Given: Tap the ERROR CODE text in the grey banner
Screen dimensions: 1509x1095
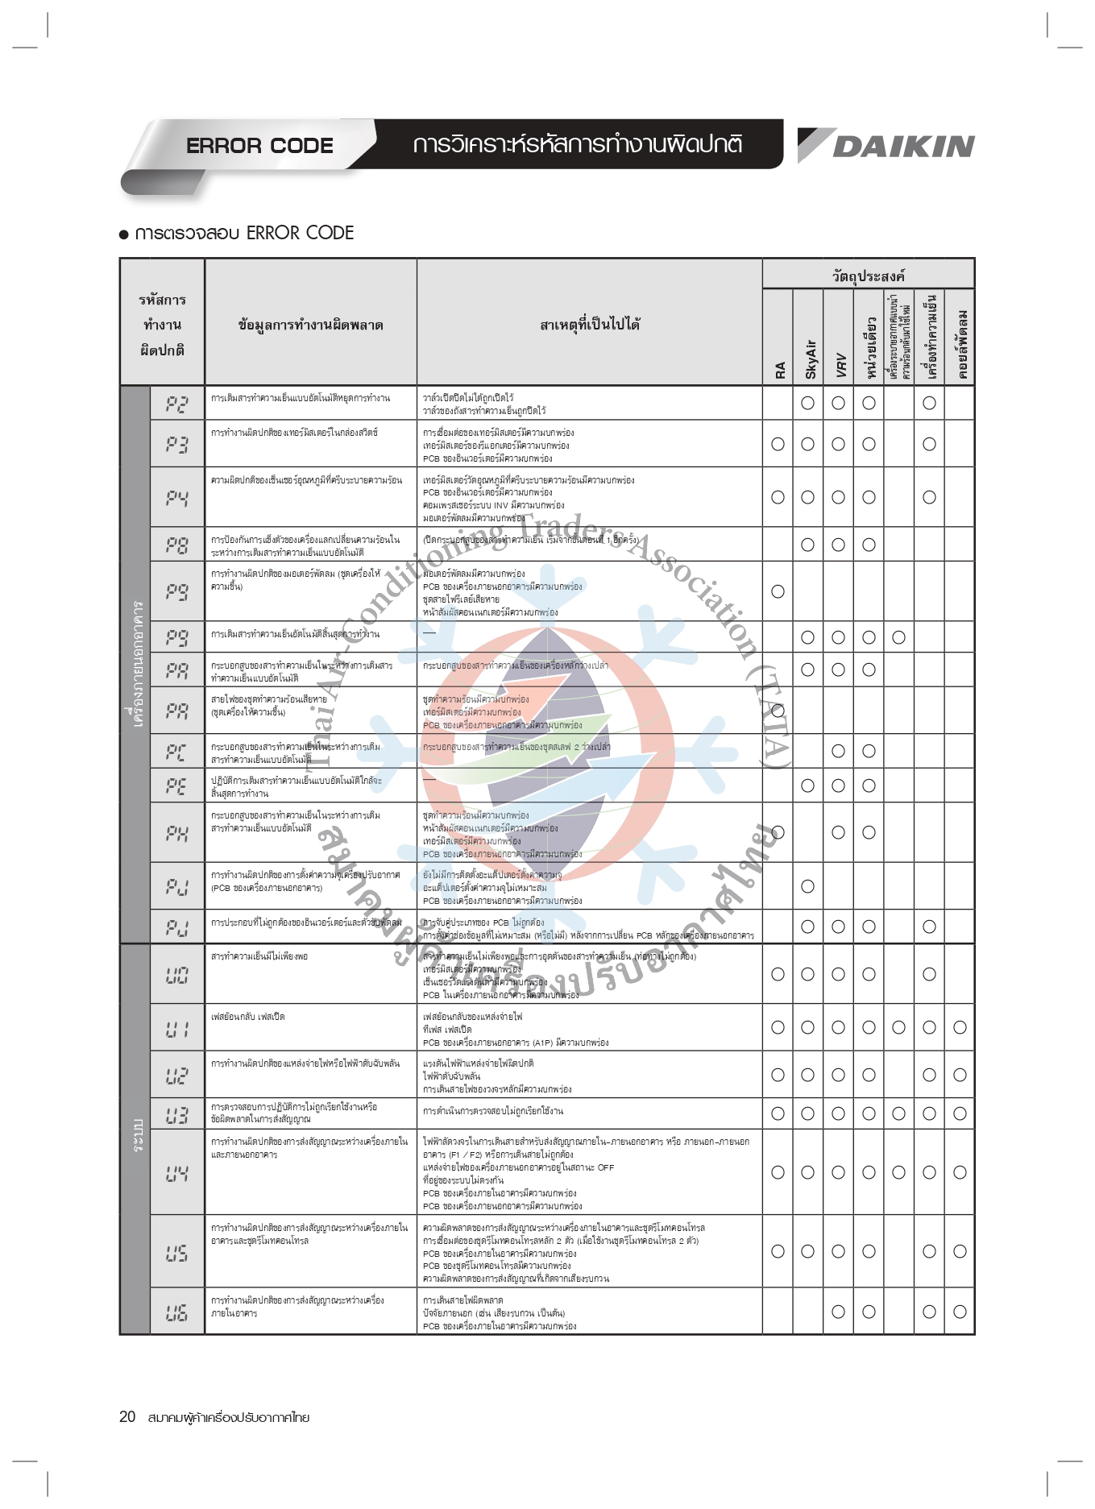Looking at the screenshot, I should point(259,146).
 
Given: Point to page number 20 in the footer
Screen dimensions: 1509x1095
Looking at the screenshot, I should point(127,1417).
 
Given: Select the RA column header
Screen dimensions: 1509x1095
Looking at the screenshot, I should point(778,369).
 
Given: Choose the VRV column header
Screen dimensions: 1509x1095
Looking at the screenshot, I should point(839,364).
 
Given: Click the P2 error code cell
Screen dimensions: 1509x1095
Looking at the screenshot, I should point(177,403).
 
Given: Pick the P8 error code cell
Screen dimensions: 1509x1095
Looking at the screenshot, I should point(177,545).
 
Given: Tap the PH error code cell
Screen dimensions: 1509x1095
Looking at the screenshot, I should point(177,832).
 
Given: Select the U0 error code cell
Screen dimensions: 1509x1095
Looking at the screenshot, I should point(177,975).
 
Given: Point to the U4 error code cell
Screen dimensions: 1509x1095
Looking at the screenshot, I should point(177,1173).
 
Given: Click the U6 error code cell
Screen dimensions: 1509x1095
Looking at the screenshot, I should point(177,1312).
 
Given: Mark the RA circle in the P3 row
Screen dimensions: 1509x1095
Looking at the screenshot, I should point(778,444).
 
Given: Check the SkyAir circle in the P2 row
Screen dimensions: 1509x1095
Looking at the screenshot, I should point(807,403).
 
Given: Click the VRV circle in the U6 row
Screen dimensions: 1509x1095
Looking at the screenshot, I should point(838,1312).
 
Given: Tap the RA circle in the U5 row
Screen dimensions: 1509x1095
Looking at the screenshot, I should point(778,1251).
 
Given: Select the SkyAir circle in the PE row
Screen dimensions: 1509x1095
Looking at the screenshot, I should point(807,786).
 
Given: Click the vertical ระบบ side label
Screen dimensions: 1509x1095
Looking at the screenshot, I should point(136,1136).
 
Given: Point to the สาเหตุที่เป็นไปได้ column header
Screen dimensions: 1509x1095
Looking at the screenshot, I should point(590,325).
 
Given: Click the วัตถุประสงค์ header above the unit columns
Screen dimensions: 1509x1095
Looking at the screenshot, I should point(868,276).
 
